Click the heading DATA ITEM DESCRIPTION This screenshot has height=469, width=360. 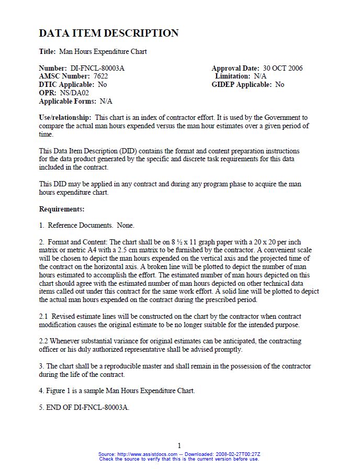coord(109,33)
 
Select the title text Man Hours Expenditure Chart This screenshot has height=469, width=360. coord(103,52)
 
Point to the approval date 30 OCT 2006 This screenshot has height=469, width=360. coord(283,68)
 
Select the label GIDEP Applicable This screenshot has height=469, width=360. coord(242,84)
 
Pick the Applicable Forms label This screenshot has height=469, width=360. coord(67,101)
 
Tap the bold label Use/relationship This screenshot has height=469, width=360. coord(65,117)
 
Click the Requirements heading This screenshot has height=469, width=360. coord(62,209)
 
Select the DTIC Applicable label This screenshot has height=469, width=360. coord(66,84)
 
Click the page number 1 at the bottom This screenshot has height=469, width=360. coord(179,445)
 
